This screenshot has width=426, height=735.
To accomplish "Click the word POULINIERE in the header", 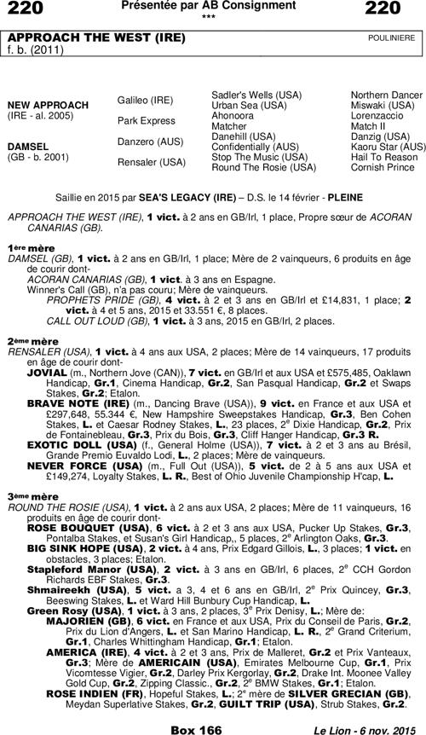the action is [391, 39].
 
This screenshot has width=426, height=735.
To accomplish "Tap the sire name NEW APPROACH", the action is [48, 105].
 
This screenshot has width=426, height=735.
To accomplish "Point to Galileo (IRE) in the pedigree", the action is [145, 100].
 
